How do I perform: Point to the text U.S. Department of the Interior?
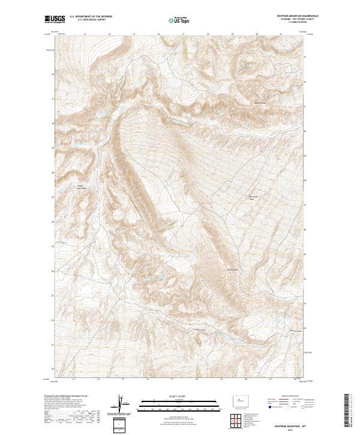[91, 16]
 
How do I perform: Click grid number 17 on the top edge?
[182, 35]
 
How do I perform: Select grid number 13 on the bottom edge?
[73, 379]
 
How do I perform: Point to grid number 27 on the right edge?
[305, 204]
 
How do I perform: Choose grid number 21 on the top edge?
[281, 35]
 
